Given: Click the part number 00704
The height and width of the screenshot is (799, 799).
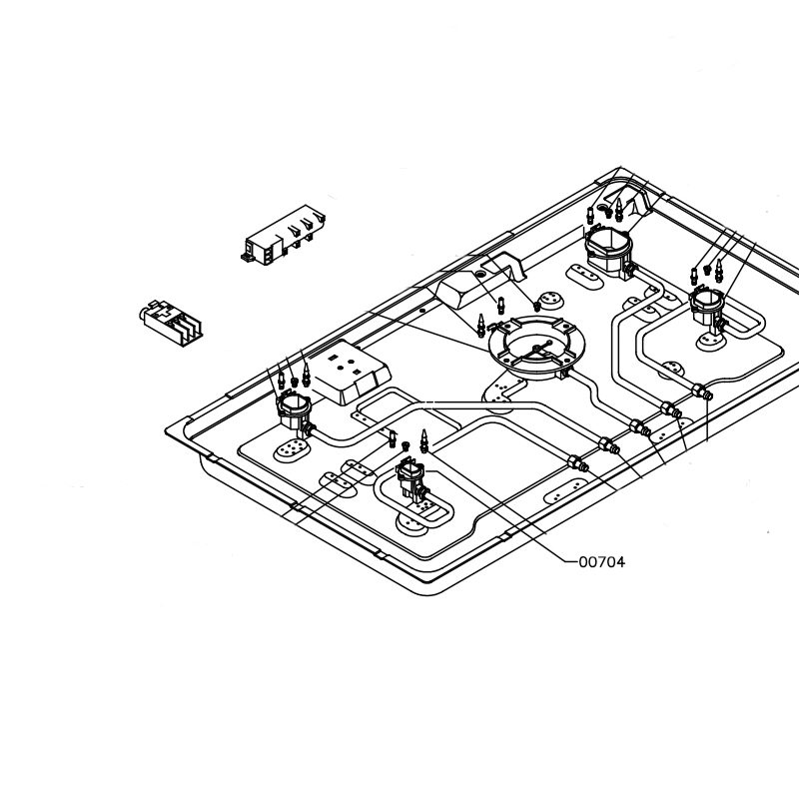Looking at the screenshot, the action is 602,562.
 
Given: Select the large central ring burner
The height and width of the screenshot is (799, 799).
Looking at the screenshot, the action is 536,348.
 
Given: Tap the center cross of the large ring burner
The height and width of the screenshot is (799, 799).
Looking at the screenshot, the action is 536,348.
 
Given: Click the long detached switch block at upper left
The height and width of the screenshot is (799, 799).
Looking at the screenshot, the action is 284,235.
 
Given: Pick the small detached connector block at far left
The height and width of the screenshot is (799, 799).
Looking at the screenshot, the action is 171,323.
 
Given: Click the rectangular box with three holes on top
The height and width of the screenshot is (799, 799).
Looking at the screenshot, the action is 351,373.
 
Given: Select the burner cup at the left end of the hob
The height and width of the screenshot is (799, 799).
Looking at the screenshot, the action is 294,412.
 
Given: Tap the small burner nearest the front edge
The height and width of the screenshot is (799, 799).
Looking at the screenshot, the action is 411,478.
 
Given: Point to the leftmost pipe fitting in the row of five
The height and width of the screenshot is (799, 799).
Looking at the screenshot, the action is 578,463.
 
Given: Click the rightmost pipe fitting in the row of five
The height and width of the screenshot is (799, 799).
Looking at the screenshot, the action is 701,392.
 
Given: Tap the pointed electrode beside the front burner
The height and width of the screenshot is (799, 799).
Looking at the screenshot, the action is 423,440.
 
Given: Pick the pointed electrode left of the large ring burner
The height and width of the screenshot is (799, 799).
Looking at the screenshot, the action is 480,326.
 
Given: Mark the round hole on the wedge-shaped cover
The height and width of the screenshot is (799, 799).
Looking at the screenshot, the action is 480,275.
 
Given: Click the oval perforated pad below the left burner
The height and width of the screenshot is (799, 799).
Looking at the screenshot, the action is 291,449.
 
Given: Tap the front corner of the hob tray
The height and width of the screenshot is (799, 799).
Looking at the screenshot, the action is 429,594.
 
